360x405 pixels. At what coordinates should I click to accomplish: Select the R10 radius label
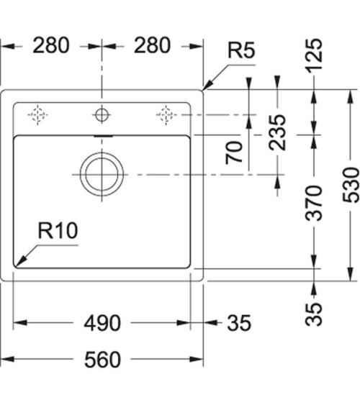click(x=57, y=231)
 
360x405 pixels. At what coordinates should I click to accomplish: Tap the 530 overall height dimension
click(x=351, y=186)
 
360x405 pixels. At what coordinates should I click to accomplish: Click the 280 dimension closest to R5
click(x=151, y=45)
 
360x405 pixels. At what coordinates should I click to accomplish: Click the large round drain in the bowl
click(x=102, y=174)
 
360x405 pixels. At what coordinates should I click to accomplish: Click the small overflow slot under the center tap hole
click(x=102, y=134)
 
